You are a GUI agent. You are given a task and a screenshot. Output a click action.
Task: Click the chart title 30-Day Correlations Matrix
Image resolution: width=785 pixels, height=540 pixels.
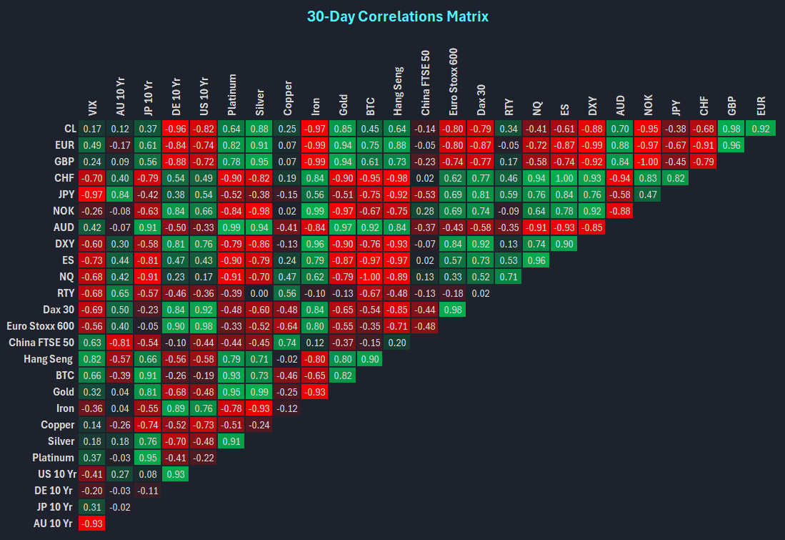pos(398,16)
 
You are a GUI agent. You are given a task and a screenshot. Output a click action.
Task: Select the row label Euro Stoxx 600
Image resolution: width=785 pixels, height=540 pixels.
pos(41,326)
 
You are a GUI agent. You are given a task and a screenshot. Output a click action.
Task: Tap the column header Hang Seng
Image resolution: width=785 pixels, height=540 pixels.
pos(398,91)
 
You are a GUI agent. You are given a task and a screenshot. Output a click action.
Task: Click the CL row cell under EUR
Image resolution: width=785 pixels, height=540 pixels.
pos(761,129)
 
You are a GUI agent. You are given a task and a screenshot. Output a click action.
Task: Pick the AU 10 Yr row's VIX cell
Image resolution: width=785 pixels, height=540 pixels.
pos(91,524)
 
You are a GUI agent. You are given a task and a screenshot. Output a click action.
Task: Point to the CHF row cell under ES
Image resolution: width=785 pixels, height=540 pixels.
pos(564,178)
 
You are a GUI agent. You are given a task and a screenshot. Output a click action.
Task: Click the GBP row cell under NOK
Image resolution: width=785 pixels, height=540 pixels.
pos(648,162)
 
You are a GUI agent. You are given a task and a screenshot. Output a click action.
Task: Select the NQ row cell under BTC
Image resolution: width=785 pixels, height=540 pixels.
pos(370,277)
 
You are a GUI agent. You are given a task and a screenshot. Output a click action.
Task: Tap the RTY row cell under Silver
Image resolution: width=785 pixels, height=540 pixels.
pos(259,293)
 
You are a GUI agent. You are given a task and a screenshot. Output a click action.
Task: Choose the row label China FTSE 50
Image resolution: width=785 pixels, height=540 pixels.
pos(41,343)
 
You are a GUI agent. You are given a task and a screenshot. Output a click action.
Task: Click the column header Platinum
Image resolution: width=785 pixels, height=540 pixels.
pos(231,94)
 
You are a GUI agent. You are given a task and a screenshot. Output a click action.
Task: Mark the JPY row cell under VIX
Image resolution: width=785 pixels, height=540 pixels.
pos(91,195)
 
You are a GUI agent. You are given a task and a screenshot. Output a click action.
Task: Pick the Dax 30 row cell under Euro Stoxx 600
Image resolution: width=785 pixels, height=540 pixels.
pos(453,310)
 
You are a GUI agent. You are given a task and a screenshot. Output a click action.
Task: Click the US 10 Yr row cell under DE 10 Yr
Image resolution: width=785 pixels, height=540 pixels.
pos(175,474)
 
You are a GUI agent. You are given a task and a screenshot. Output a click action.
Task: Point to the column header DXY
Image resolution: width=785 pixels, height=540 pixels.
pos(593,107)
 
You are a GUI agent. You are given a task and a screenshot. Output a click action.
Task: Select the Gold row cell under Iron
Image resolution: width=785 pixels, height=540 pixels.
pos(314,392)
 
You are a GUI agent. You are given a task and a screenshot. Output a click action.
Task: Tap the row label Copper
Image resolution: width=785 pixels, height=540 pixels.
pos(58,425)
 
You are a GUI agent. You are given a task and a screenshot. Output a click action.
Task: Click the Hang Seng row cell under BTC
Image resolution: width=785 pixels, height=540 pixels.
pos(370,359)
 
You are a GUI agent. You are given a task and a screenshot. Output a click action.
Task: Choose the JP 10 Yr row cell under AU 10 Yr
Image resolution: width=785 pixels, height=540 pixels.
pos(120,507)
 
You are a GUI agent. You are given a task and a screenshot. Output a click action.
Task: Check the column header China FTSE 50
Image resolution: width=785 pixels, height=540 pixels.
pos(426,83)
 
